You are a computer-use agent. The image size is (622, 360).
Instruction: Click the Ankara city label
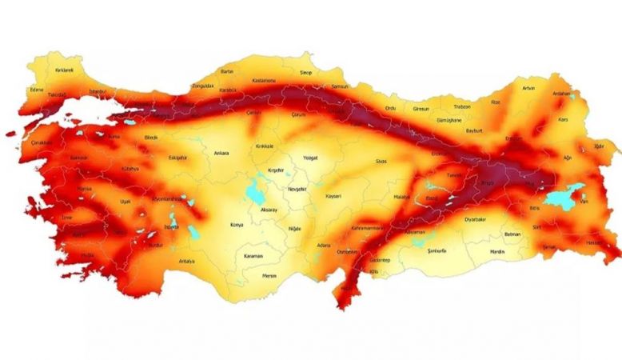click(221, 152)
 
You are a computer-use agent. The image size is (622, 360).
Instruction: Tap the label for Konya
click(236, 225)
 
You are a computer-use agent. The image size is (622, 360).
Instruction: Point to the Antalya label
click(187, 261)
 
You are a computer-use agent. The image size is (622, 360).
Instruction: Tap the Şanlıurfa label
click(438, 250)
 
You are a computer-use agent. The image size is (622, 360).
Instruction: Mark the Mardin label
click(497, 251)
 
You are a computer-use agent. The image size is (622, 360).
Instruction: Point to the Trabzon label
click(462, 106)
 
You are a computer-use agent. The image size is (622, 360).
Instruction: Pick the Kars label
click(563, 119)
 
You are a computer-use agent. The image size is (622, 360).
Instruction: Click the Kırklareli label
click(65, 70)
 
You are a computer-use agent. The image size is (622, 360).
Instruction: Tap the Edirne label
click(36, 90)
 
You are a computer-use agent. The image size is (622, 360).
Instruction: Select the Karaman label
click(253, 256)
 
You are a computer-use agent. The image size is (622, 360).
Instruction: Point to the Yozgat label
click(310, 158)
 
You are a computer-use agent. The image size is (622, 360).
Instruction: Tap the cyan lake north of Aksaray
click(257, 191)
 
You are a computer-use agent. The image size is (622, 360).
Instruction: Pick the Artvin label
click(528, 88)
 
